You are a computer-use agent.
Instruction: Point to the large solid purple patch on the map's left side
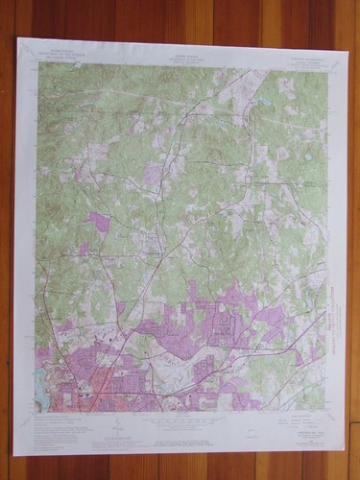96,222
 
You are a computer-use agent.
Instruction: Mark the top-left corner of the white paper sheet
17,38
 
